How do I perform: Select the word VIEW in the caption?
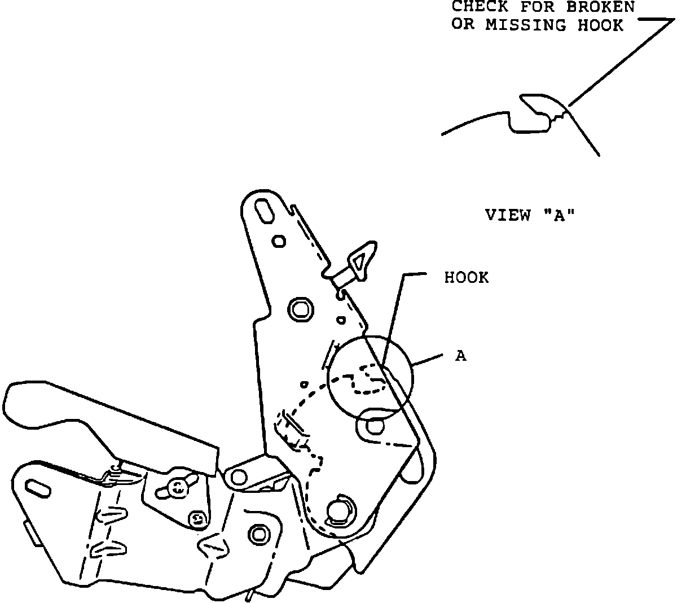508,215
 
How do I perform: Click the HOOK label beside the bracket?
467,278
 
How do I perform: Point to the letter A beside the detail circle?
461,356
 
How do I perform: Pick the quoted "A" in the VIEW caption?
560,215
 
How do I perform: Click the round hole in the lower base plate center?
259,532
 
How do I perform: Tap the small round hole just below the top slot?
279,242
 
